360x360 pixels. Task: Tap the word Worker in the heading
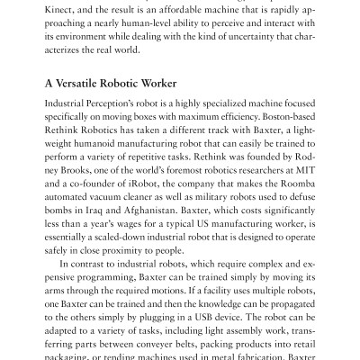(172, 82)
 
